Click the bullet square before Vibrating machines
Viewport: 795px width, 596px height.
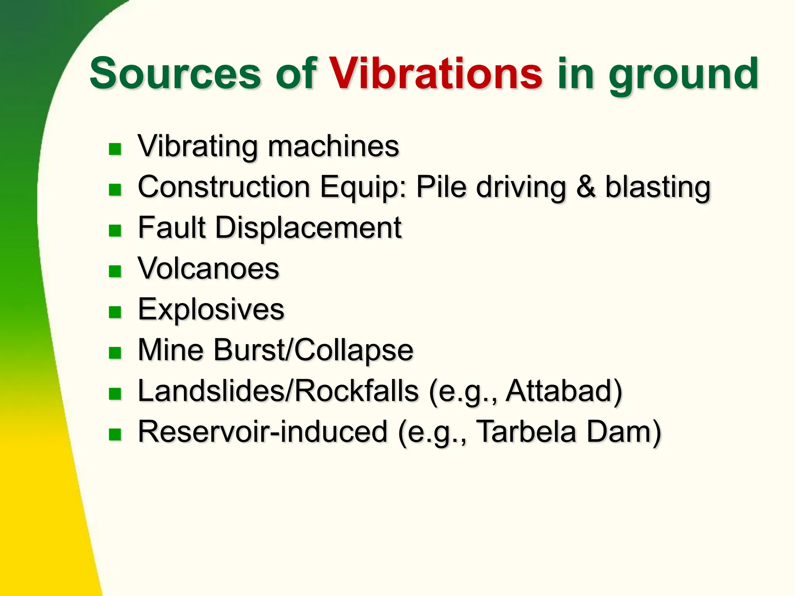[x=115, y=149]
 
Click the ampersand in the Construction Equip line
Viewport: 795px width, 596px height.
[x=585, y=187]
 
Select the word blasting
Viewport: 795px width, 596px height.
[x=658, y=188]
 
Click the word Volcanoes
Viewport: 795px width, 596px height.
[x=208, y=269]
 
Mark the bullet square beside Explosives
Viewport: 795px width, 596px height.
[x=115, y=312]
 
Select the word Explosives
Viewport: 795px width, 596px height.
[x=211, y=310]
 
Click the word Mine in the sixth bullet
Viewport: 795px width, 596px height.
[x=170, y=350]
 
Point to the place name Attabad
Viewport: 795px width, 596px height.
[x=559, y=391]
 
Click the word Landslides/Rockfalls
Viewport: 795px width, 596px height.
[x=278, y=391]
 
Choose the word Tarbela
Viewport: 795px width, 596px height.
[x=526, y=432]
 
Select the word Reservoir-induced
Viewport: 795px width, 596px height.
[x=263, y=432]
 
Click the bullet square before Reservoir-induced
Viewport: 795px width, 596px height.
[x=115, y=435]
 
